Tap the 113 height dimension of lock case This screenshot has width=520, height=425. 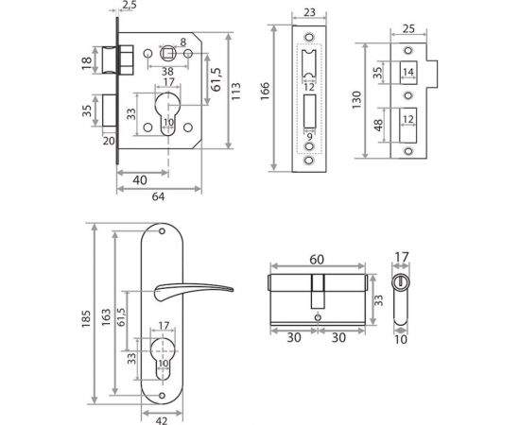tap(235, 91)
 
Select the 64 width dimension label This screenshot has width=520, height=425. tap(158, 196)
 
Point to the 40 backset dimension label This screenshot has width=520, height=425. tap(140, 180)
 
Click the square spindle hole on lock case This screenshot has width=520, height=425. tap(167, 53)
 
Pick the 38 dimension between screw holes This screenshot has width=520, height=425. tap(167, 71)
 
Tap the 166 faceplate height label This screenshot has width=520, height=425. tap(266, 92)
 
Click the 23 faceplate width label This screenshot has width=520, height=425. tap(309, 12)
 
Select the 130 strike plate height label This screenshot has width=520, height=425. tap(355, 100)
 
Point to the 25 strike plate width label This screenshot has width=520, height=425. tap(408, 29)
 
